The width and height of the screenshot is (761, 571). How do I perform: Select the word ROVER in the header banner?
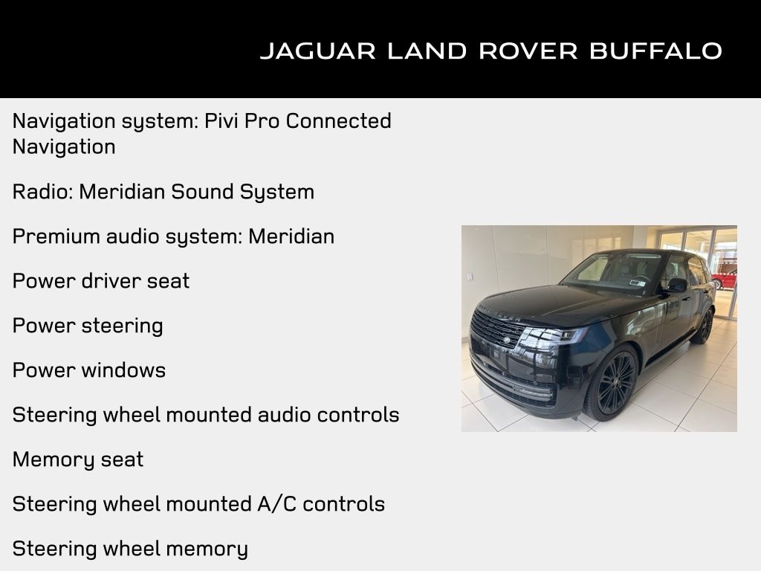click(528, 51)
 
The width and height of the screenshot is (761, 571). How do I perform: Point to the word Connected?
click(338, 120)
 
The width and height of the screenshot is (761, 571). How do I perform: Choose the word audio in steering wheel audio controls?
click(282, 415)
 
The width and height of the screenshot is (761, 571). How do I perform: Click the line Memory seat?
click(78, 459)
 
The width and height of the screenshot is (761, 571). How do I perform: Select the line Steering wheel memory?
click(130, 549)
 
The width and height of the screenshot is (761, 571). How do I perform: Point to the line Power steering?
click(88, 326)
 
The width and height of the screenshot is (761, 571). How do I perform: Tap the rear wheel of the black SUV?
click(703, 325)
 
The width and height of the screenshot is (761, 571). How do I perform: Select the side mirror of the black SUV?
click(676, 285)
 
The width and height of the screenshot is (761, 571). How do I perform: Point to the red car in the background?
click(725, 280)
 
